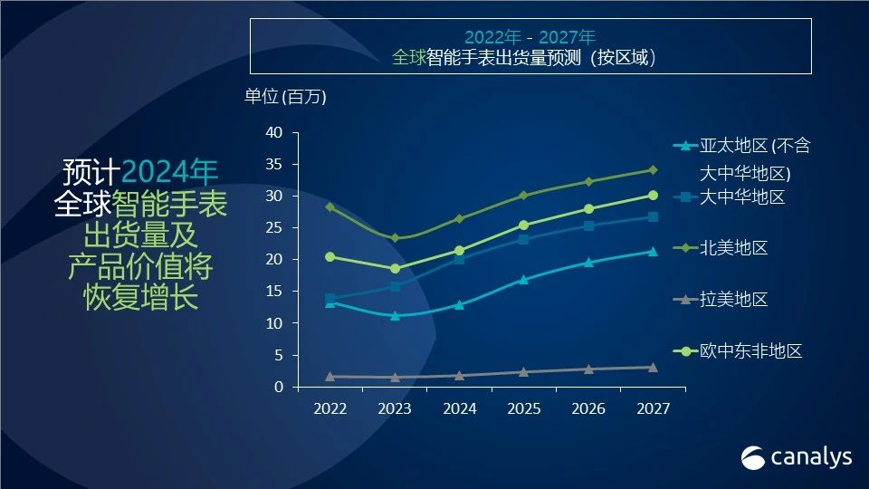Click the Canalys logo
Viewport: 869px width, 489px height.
[797, 457]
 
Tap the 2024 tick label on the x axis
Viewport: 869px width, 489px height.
[460, 409]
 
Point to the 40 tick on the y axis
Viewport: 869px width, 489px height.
[274, 133]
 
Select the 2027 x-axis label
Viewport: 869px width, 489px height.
[653, 409]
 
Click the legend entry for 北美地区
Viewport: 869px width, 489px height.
[733, 248]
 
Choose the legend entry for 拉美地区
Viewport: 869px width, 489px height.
[733, 299]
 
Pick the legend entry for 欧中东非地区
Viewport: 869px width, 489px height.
[750, 351]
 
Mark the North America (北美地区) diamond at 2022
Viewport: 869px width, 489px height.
[330, 207]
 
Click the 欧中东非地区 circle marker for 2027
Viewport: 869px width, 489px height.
[653, 196]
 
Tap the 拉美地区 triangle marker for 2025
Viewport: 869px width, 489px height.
[524, 371]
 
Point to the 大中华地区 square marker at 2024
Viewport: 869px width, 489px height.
[460, 260]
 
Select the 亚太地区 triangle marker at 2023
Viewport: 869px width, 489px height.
[395, 315]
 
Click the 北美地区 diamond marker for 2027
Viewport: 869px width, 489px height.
[653, 170]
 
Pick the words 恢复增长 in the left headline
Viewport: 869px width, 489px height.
[140, 298]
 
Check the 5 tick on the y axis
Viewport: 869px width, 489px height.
[279, 355]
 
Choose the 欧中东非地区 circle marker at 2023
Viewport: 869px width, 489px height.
[395, 269]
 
